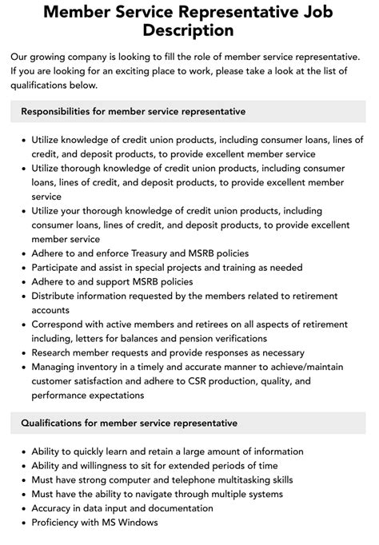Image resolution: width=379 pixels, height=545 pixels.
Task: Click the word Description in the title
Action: [189, 31]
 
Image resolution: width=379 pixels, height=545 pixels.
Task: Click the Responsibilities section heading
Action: [134, 111]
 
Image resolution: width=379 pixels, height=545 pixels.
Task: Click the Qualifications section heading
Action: [130, 422]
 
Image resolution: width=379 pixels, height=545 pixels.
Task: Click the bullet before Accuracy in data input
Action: [21, 508]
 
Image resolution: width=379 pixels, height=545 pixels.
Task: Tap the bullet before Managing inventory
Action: [21, 368]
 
